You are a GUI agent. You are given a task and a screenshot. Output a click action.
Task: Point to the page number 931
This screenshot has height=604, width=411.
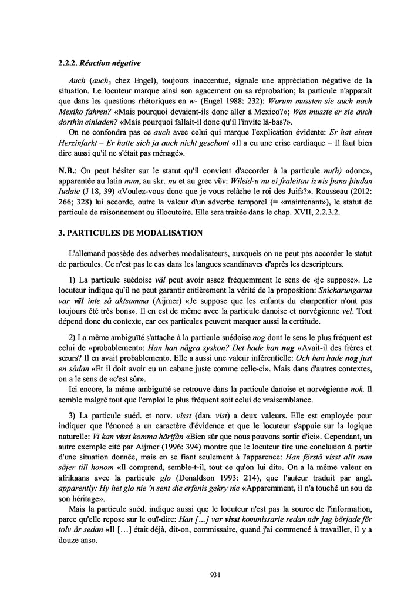(214, 575)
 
